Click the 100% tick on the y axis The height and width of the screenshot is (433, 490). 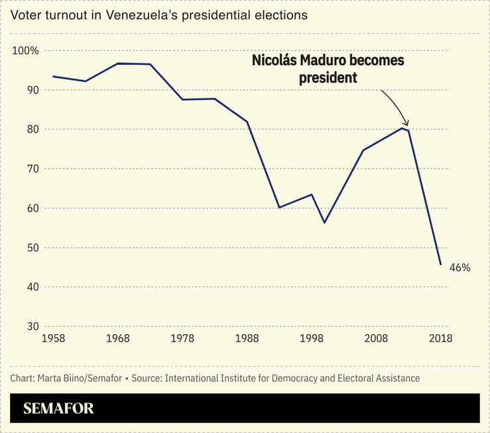click(26, 51)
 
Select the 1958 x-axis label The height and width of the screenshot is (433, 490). click(53, 339)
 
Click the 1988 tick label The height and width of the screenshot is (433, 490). click(247, 339)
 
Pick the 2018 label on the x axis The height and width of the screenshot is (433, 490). click(441, 339)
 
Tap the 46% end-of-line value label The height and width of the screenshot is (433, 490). click(459, 268)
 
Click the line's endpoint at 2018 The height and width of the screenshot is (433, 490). click(441, 265)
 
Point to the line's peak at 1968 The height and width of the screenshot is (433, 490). click(117, 64)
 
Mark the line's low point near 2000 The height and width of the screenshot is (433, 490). click(324, 222)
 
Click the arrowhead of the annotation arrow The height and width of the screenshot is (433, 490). click(406, 123)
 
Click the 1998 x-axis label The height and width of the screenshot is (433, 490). click(311, 339)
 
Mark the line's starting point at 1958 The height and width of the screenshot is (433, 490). click(53, 76)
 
